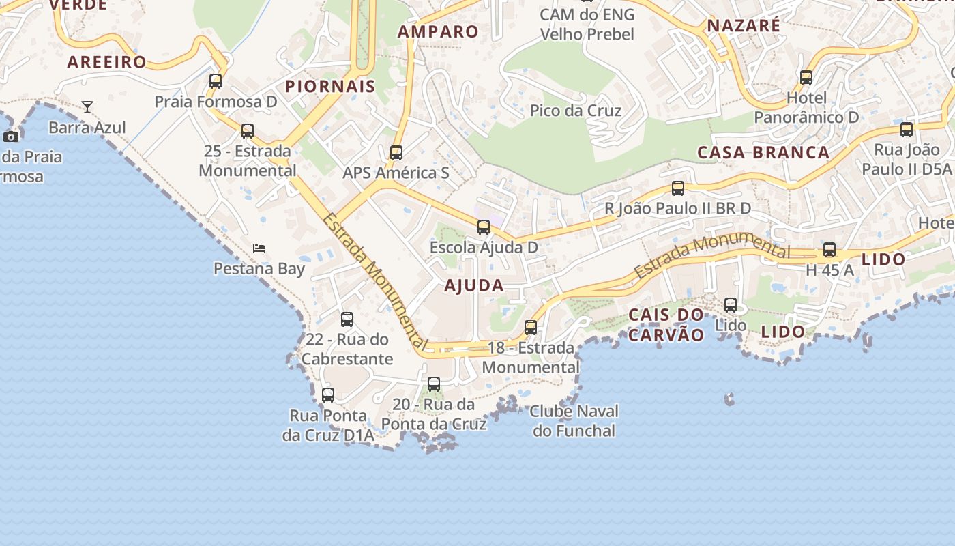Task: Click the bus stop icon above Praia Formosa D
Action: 216,81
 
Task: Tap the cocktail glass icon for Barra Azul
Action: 87,107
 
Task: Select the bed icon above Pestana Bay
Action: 259,248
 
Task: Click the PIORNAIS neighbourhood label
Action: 330,86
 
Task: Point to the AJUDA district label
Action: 474,285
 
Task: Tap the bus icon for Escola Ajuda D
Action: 484,227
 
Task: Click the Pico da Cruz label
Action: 576,111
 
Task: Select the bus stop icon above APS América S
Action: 396,153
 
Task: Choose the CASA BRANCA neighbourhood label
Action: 763,152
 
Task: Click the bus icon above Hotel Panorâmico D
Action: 806,78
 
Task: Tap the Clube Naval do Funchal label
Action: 574,421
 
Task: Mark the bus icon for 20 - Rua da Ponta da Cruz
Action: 434,384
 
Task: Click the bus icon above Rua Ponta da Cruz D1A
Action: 328,395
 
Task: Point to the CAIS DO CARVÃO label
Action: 666,325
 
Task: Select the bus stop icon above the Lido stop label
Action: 731,305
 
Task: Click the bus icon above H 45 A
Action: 829,250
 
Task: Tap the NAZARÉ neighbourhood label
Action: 744,26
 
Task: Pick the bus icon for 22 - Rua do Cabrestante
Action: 347,319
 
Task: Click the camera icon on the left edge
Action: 11,136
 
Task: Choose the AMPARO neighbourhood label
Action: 438,31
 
